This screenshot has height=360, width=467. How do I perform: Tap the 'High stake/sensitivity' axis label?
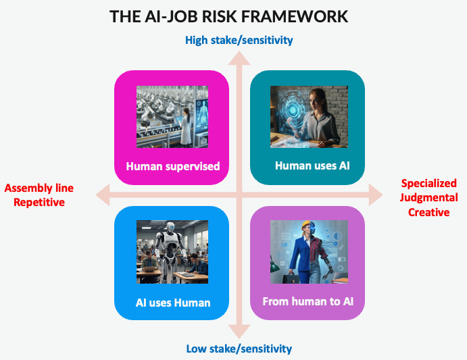239,40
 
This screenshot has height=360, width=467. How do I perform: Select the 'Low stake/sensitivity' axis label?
239,349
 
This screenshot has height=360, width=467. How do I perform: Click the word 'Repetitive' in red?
39,202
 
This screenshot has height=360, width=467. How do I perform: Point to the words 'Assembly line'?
39,188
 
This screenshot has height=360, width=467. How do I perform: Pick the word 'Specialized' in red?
428,183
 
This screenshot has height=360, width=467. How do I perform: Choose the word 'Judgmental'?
428,197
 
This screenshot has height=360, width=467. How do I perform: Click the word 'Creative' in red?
428,212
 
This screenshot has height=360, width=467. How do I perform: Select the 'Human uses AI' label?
308,165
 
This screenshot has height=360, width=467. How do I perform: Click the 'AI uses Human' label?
172,303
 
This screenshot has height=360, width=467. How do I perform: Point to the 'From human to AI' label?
308,301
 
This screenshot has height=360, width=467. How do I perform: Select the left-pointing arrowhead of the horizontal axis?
101,196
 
